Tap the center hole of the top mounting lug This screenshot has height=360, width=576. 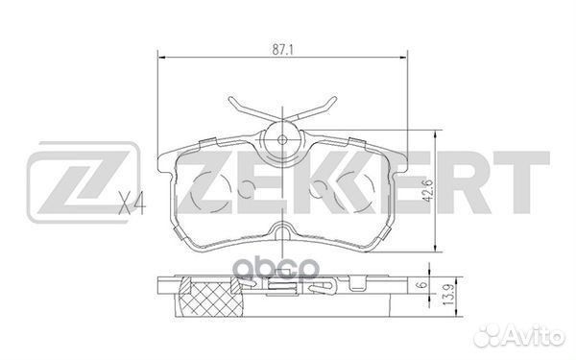[x=282, y=137]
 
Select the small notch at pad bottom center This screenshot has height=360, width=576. [x=282, y=230]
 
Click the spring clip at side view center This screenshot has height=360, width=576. [x=282, y=285]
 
